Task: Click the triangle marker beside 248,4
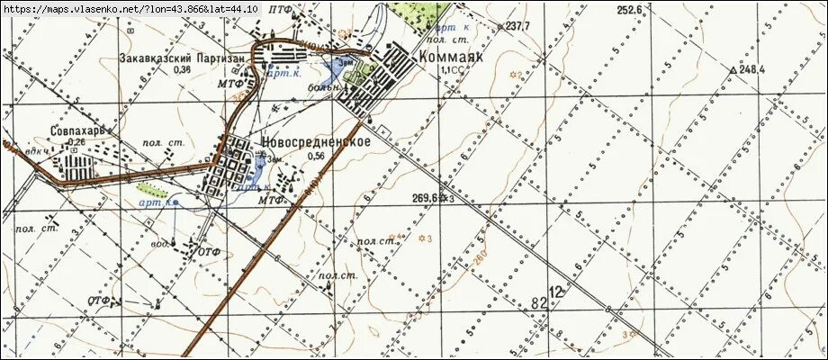(x=735, y=69)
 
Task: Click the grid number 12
(x=559, y=292)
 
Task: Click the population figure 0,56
(x=316, y=157)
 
